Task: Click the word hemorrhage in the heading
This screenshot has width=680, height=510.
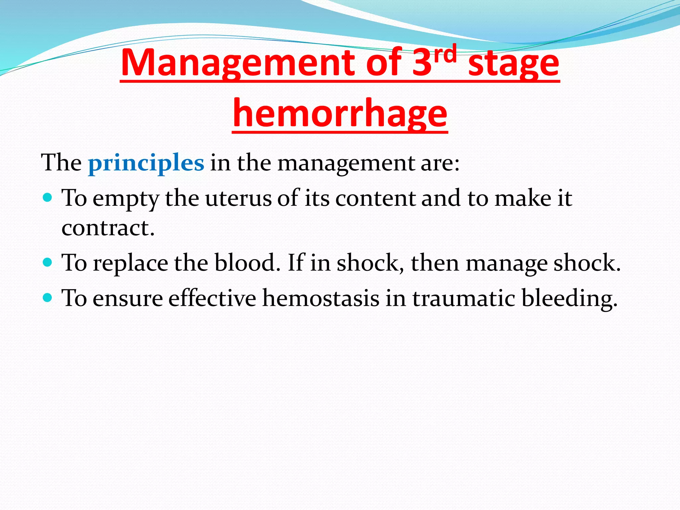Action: click(340, 115)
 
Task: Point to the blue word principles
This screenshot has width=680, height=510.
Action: click(146, 163)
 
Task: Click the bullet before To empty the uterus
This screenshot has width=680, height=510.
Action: click(48, 198)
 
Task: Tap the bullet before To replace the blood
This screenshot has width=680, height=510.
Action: click(48, 263)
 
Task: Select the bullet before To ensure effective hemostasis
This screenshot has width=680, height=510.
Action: click(48, 297)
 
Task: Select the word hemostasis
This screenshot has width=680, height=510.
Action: click(321, 298)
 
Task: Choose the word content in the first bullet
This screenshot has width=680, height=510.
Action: click(375, 199)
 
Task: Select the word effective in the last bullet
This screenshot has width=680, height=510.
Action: click(212, 298)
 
